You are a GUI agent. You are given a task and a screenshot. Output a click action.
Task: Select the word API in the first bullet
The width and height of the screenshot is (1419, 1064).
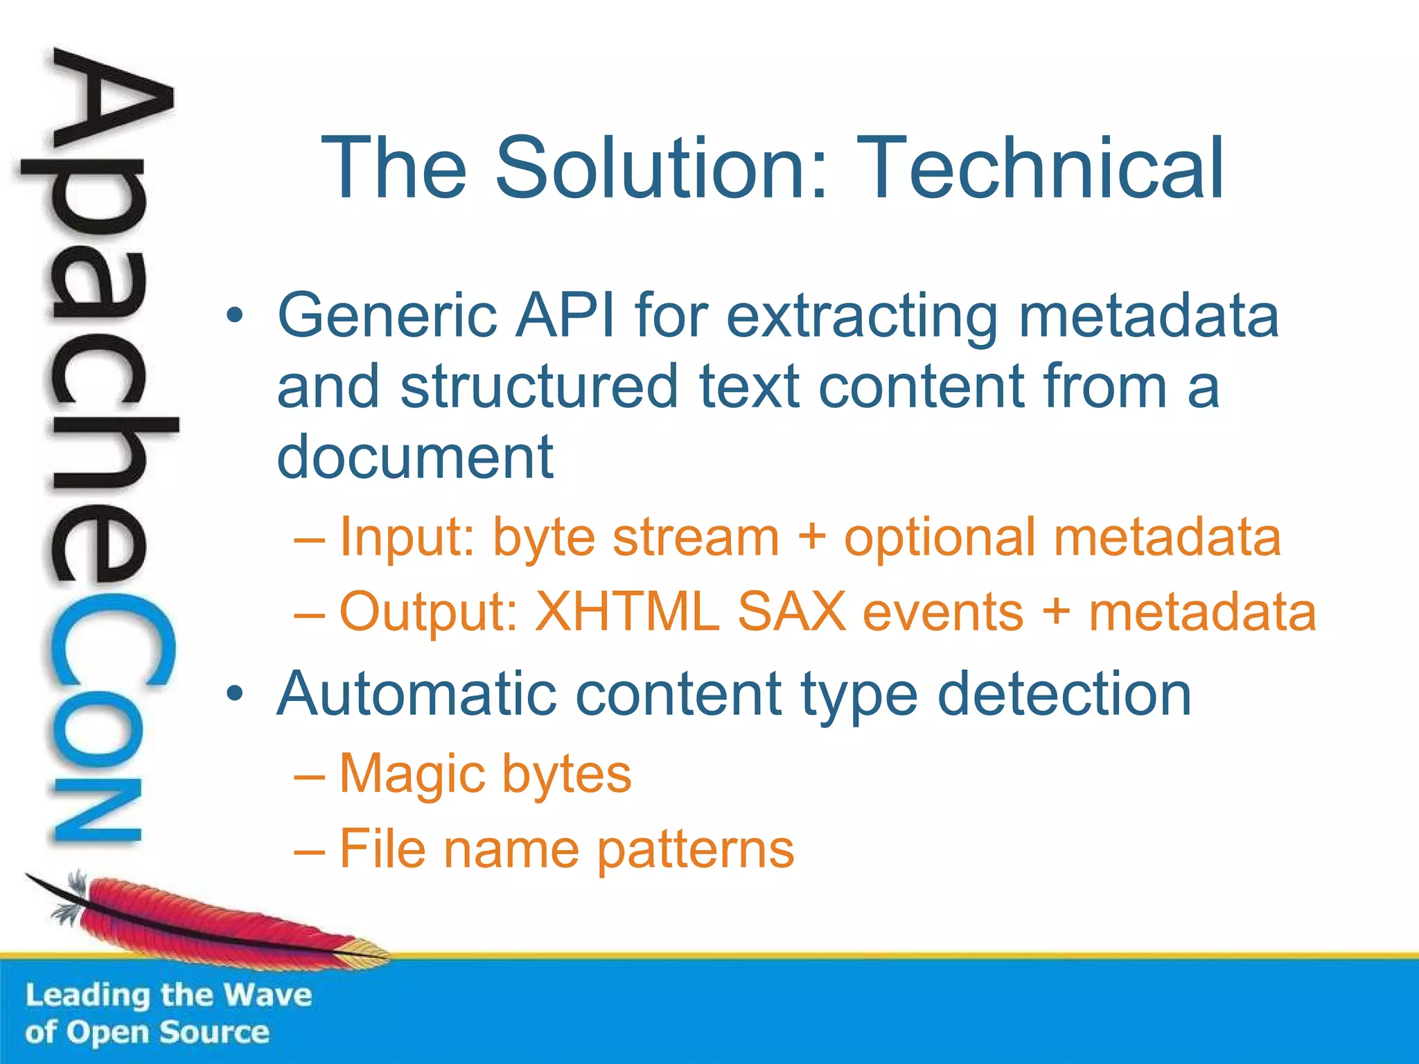click(565, 316)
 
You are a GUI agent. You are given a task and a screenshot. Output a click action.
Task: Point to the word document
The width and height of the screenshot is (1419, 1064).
click(415, 457)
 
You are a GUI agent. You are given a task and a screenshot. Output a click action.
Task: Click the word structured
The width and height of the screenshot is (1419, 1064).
click(538, 387)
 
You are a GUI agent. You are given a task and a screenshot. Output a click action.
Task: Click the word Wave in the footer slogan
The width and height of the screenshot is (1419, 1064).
click(268, 995)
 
